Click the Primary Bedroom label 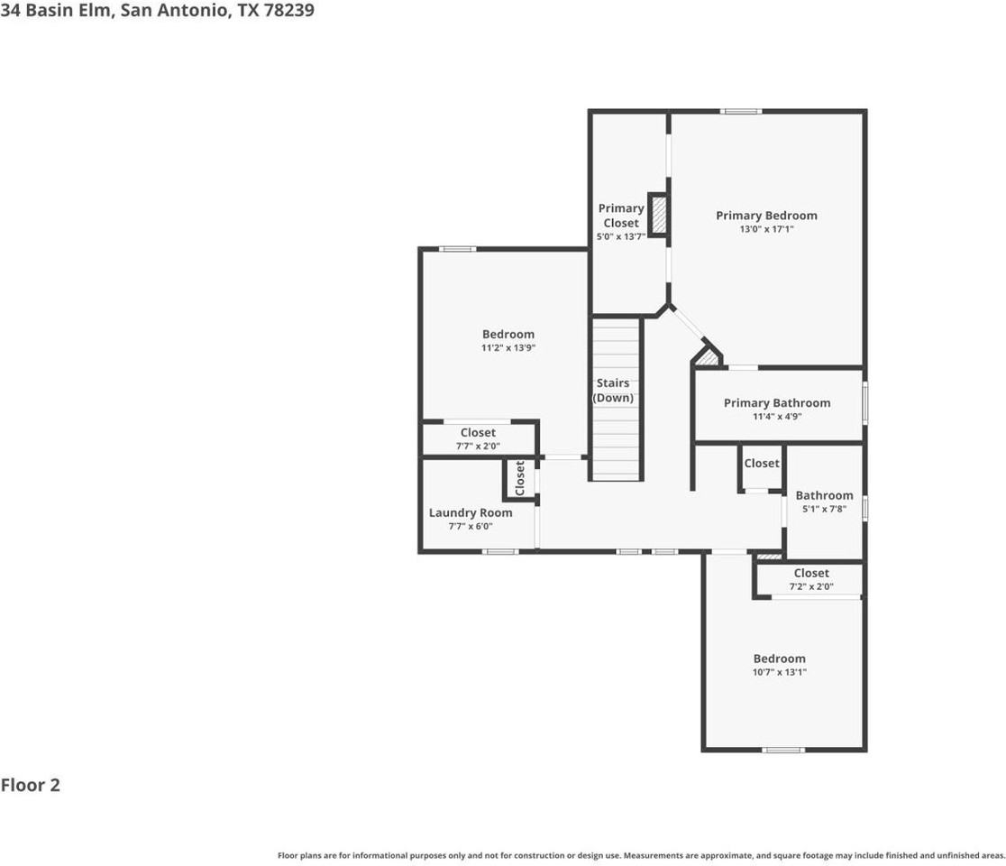pos(766,216)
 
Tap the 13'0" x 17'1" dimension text pos(766,230)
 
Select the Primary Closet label pos(621,216)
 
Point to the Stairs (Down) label pos(613,391)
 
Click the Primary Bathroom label pos(777,403)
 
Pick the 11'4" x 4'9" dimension pos(777,417)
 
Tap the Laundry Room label pos(471,512)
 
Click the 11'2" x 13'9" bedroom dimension pos(508,348)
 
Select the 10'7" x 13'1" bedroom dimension pos(780,672)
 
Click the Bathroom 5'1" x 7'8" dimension pos(824,509)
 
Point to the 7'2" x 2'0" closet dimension pos(811,586)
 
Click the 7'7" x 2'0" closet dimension pos(478,446)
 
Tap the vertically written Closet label pos(520,478)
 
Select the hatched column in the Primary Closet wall pos(659,215)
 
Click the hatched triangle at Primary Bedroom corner pos(709,358)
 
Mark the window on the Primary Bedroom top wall pos(740,111)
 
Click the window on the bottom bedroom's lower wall pos(783,750)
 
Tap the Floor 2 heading pos(31,785)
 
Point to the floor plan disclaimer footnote pos(641,855)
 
